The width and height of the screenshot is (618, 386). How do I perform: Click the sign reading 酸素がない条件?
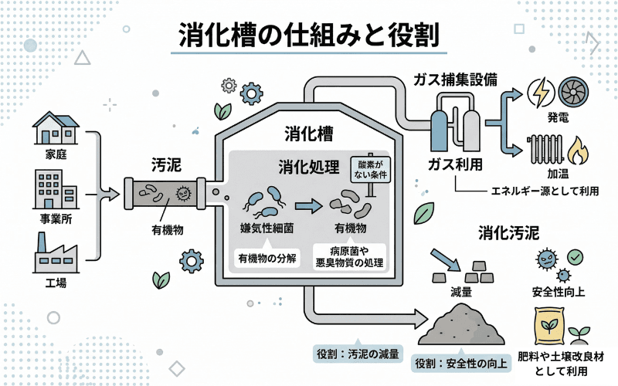point(371,170)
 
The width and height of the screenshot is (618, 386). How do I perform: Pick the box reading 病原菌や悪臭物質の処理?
point(349,257)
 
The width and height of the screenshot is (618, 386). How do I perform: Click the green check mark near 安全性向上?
point(576,256)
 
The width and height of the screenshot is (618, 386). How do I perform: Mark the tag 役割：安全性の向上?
point(460,364)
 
